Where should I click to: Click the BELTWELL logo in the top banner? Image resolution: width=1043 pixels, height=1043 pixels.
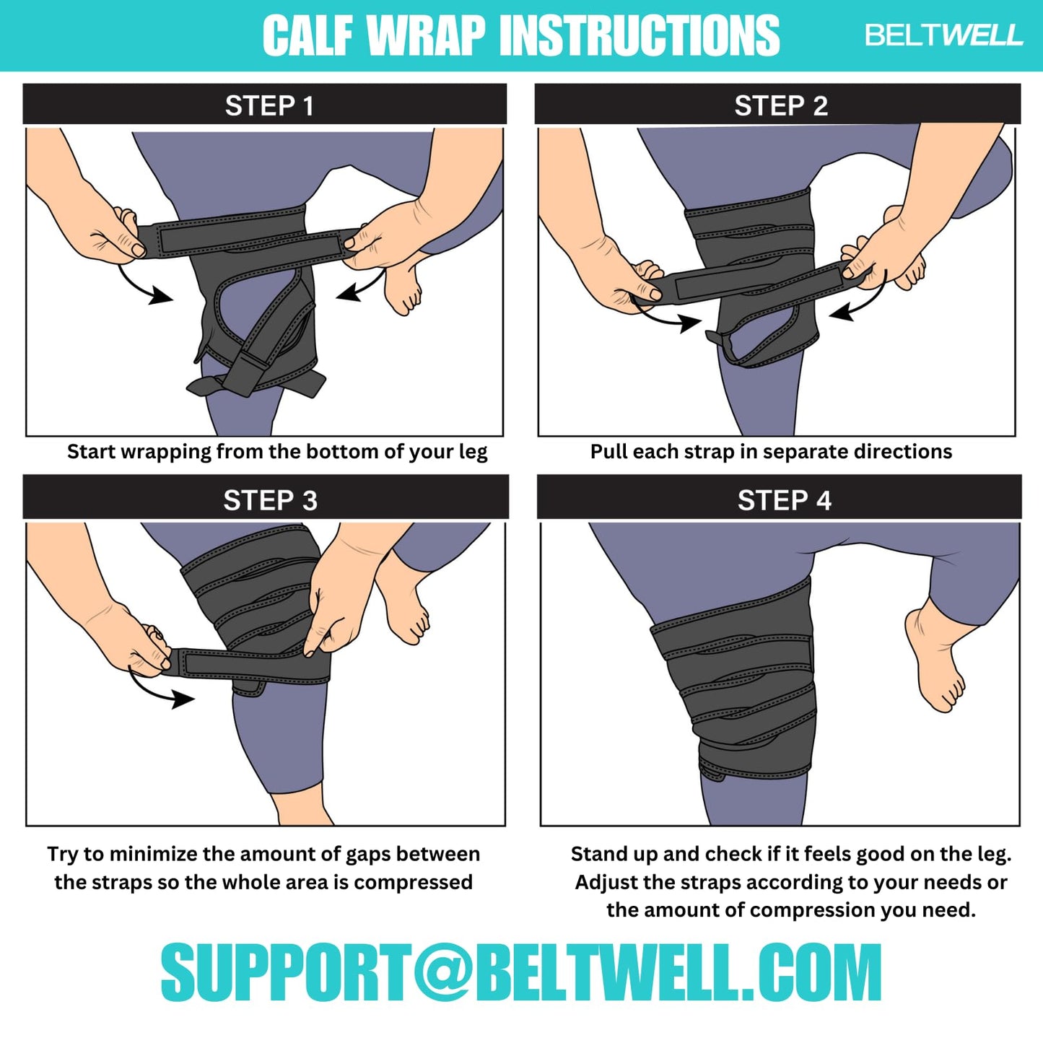[943, 35]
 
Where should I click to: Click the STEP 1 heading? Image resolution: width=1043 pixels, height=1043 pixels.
[269, 106]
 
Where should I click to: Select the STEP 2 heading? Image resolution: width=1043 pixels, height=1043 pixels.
[780, 106]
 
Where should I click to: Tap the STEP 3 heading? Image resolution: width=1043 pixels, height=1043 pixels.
[270, 500]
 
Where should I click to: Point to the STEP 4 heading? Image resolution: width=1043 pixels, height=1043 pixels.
[784, 500]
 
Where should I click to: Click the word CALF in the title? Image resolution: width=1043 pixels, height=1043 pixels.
[308, 35]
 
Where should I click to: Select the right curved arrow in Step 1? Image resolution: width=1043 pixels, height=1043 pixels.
[362, 287]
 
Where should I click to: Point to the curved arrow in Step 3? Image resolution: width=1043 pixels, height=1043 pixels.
[160, 689]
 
